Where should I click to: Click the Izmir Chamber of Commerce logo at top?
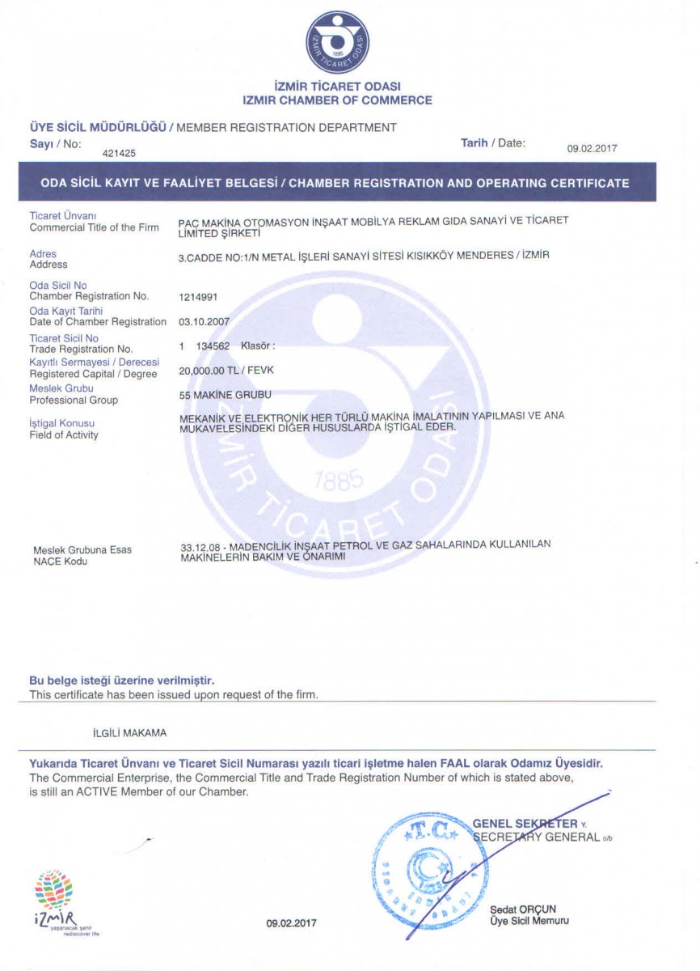[x=338, y=43]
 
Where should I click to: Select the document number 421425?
[x=120, y=151]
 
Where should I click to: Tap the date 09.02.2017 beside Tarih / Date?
[x=592, y=148]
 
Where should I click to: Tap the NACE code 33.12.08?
[x=199, y=546]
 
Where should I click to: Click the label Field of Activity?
[x=64, y=435]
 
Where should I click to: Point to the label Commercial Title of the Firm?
[x=94, y=227]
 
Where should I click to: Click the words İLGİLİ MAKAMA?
[x=129, y=733]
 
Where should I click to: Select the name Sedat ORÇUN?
[x=522, y=909]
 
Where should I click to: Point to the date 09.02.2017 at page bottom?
[x=292, y=923]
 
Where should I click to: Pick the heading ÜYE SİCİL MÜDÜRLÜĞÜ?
[x=98, y=127]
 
